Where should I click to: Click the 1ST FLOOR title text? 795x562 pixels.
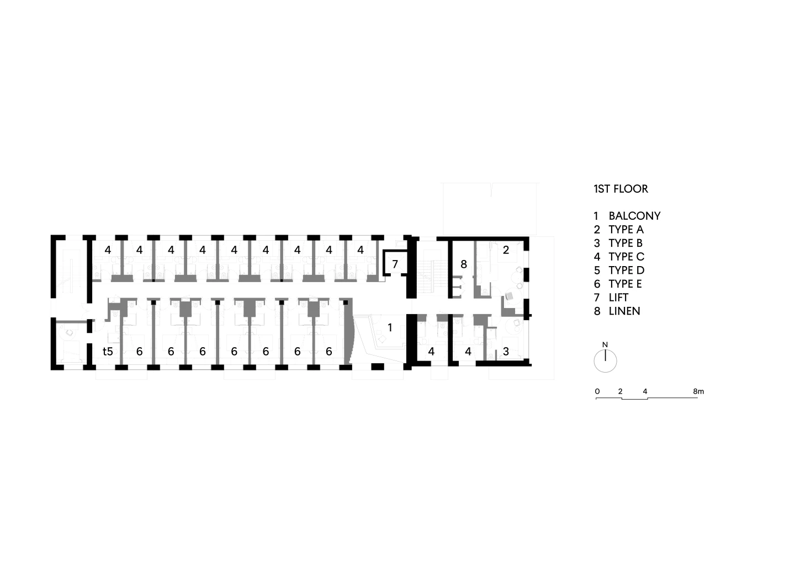coord(621,189)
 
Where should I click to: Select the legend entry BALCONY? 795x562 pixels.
coord(634,216)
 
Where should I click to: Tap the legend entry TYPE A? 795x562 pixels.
coord(626,230)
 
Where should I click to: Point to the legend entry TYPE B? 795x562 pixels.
coord(625,243)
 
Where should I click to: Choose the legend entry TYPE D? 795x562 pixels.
coord(626,270)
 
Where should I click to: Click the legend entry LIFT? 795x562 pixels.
coord(618,298)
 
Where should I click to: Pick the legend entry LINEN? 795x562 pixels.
coord(624,311)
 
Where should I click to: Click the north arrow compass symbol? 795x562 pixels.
coord(605,361)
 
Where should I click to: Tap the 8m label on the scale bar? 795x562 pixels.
coord(698,391)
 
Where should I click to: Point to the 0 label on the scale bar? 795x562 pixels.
coord(597,391)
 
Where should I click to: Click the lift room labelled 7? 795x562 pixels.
coord(395,264)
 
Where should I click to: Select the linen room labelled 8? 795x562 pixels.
coord(464,264)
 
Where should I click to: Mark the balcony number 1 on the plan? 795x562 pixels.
coord(390,328)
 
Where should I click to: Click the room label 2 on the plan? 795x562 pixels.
coord(506,250)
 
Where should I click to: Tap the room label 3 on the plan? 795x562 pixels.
coord(506,351)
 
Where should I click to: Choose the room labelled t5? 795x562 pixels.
coord(108,351)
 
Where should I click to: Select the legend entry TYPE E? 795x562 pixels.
coord(625,284)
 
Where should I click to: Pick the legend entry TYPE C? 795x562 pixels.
coord(626,257)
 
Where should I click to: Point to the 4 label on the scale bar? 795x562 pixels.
coord(645,391)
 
